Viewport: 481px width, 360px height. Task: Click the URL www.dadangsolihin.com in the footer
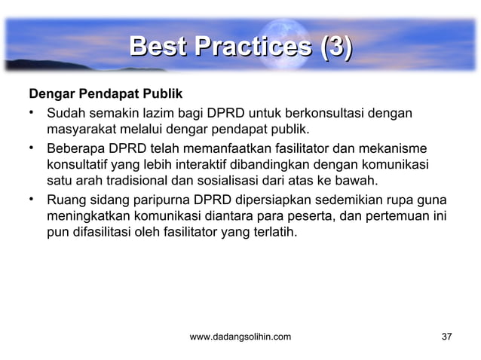(x=240, y=336)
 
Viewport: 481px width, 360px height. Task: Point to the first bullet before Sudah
(x=32, y=114)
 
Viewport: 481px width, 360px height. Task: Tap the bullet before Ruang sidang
(x=32, y=200)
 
